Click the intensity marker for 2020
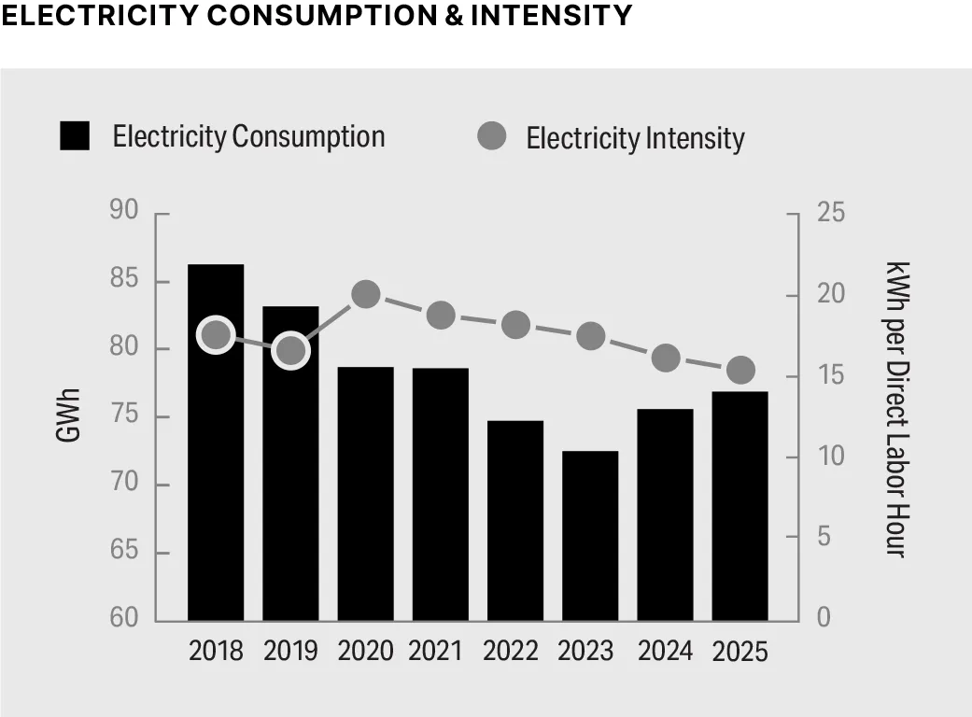pos(366,295)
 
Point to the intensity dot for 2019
pos(291,350)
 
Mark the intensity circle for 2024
pos(665,358)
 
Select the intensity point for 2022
pos(515,325)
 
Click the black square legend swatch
pos(75,136)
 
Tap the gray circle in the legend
pos(491,136)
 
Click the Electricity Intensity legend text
pos(635,138)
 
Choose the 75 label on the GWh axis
pos(123,416)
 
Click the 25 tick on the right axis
pos(830,213)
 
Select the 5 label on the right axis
pos(824,538)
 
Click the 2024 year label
pos(665,650)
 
